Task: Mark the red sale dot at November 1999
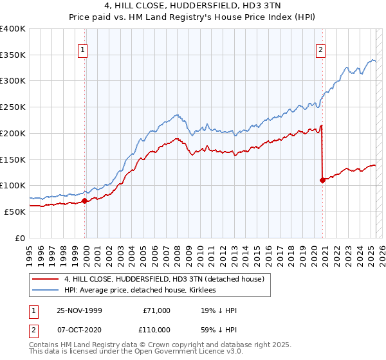pos(85,201)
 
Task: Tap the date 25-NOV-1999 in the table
pos(80,310)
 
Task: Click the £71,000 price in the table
pos(156,310)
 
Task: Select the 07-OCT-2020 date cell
pos(80,329)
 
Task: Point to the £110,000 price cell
pos(156,329)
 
